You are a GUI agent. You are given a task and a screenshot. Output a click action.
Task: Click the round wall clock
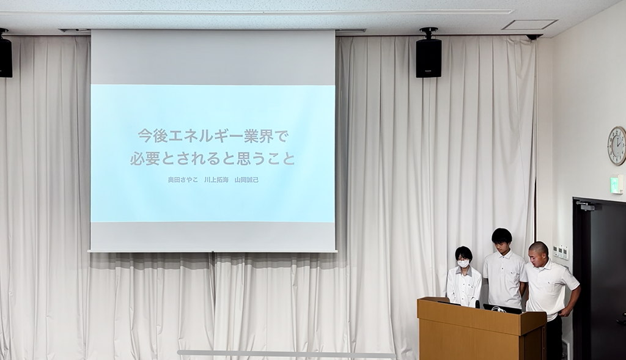[617, 145]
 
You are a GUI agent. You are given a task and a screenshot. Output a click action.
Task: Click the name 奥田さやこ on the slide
[183, 180]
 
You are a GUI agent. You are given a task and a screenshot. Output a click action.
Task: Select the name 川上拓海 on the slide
[216, 180]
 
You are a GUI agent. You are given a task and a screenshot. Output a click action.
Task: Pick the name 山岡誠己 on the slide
[246, 180]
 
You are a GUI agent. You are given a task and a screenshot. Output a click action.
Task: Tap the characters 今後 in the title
[153, 136]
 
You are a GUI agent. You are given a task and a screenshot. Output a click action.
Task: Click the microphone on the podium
[477, 304]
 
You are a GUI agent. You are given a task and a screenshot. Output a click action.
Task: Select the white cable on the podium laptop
[496, 307]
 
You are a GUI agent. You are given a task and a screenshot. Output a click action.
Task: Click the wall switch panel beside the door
[562, 252]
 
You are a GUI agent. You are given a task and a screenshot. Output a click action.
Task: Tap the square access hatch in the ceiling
[529, 24]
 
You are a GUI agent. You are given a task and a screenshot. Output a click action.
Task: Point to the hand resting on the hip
[565, 313]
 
